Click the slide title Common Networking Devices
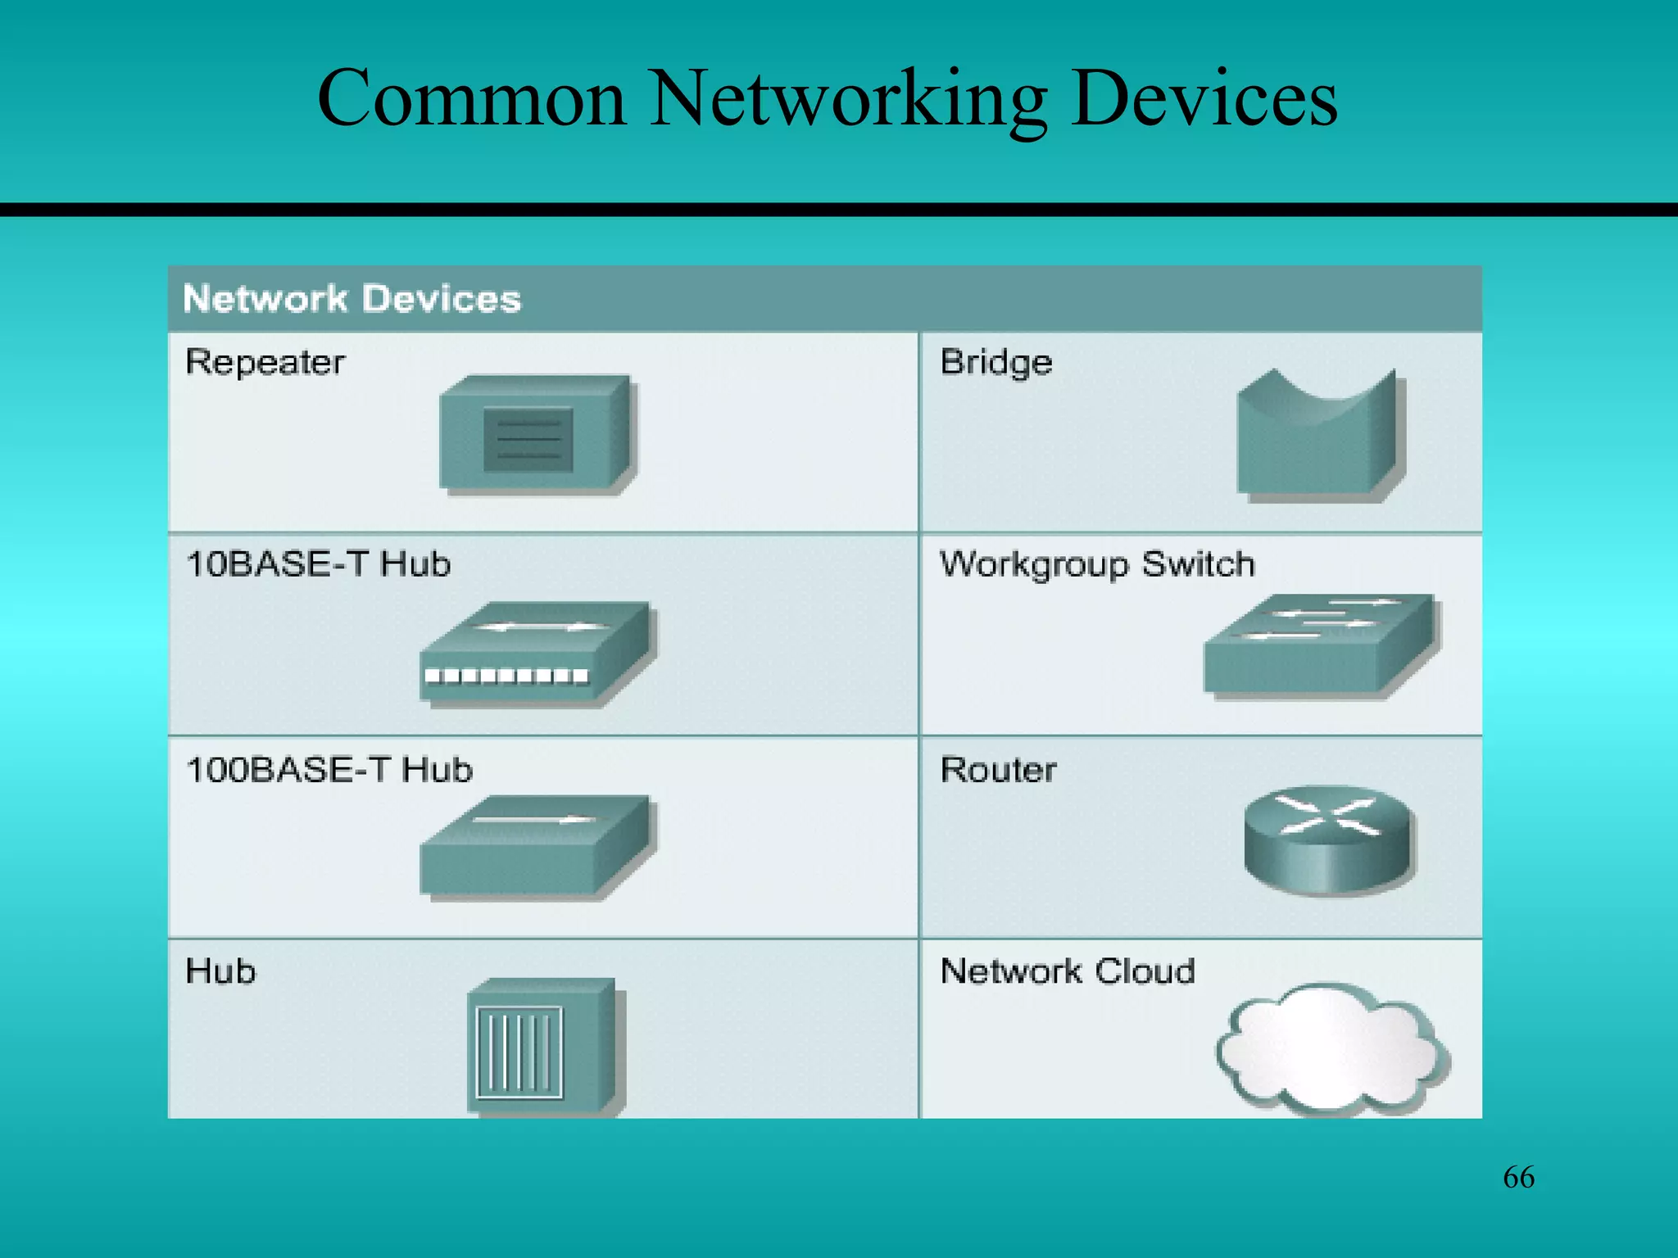[828, 98]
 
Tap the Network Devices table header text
[351, 299]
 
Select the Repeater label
[265, 362]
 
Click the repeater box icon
[537, 434]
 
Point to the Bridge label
[995, 362]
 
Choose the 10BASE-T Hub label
[318, 564]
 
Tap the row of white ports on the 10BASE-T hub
[506, 676]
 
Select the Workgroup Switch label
[1097, 564]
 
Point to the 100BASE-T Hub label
[329, 770]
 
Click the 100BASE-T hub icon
[537, 848]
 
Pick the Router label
[998, 770]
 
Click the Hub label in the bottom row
[220, 971]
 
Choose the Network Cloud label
[1068, 971]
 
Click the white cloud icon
[1331, 1048]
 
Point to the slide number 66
[1518, 1177]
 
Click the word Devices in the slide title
[1204, 98]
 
